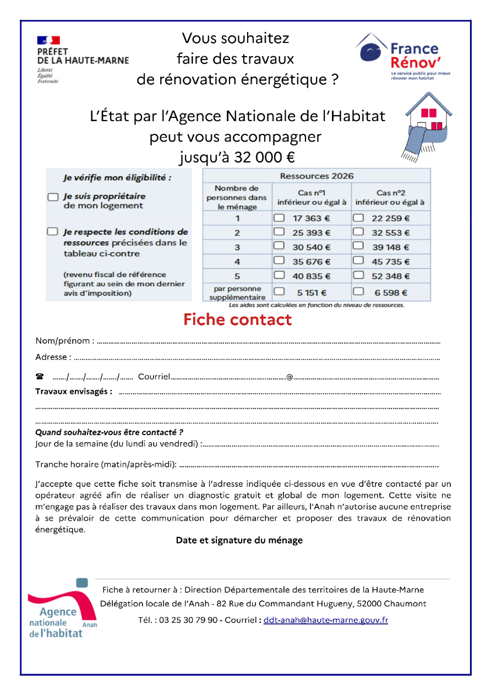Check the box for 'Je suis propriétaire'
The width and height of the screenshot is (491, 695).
pos(53,197)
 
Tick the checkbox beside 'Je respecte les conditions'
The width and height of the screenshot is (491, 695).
pos(53,232)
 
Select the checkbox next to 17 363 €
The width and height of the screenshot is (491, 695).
pos(279,218)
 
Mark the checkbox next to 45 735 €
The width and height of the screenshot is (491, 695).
pos(358,261)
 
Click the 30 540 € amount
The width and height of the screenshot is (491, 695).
pos(312,247)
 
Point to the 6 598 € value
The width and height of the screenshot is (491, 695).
pos(391,293)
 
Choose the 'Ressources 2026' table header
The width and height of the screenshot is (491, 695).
pos(317,176)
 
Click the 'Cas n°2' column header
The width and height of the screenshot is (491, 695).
pos(391,197)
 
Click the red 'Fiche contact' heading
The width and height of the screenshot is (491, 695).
pos(237,319)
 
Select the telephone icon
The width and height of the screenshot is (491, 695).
pos(40,377)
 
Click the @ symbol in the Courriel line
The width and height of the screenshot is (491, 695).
pos(289,377)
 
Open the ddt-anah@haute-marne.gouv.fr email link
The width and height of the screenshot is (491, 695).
pos(325,620)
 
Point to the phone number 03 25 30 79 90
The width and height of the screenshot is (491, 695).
pos(188,620)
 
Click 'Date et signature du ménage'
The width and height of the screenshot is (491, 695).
pos(239,540)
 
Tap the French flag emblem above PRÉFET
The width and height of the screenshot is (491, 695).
pos(48,40)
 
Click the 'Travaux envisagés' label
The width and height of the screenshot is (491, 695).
pos(74,392)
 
